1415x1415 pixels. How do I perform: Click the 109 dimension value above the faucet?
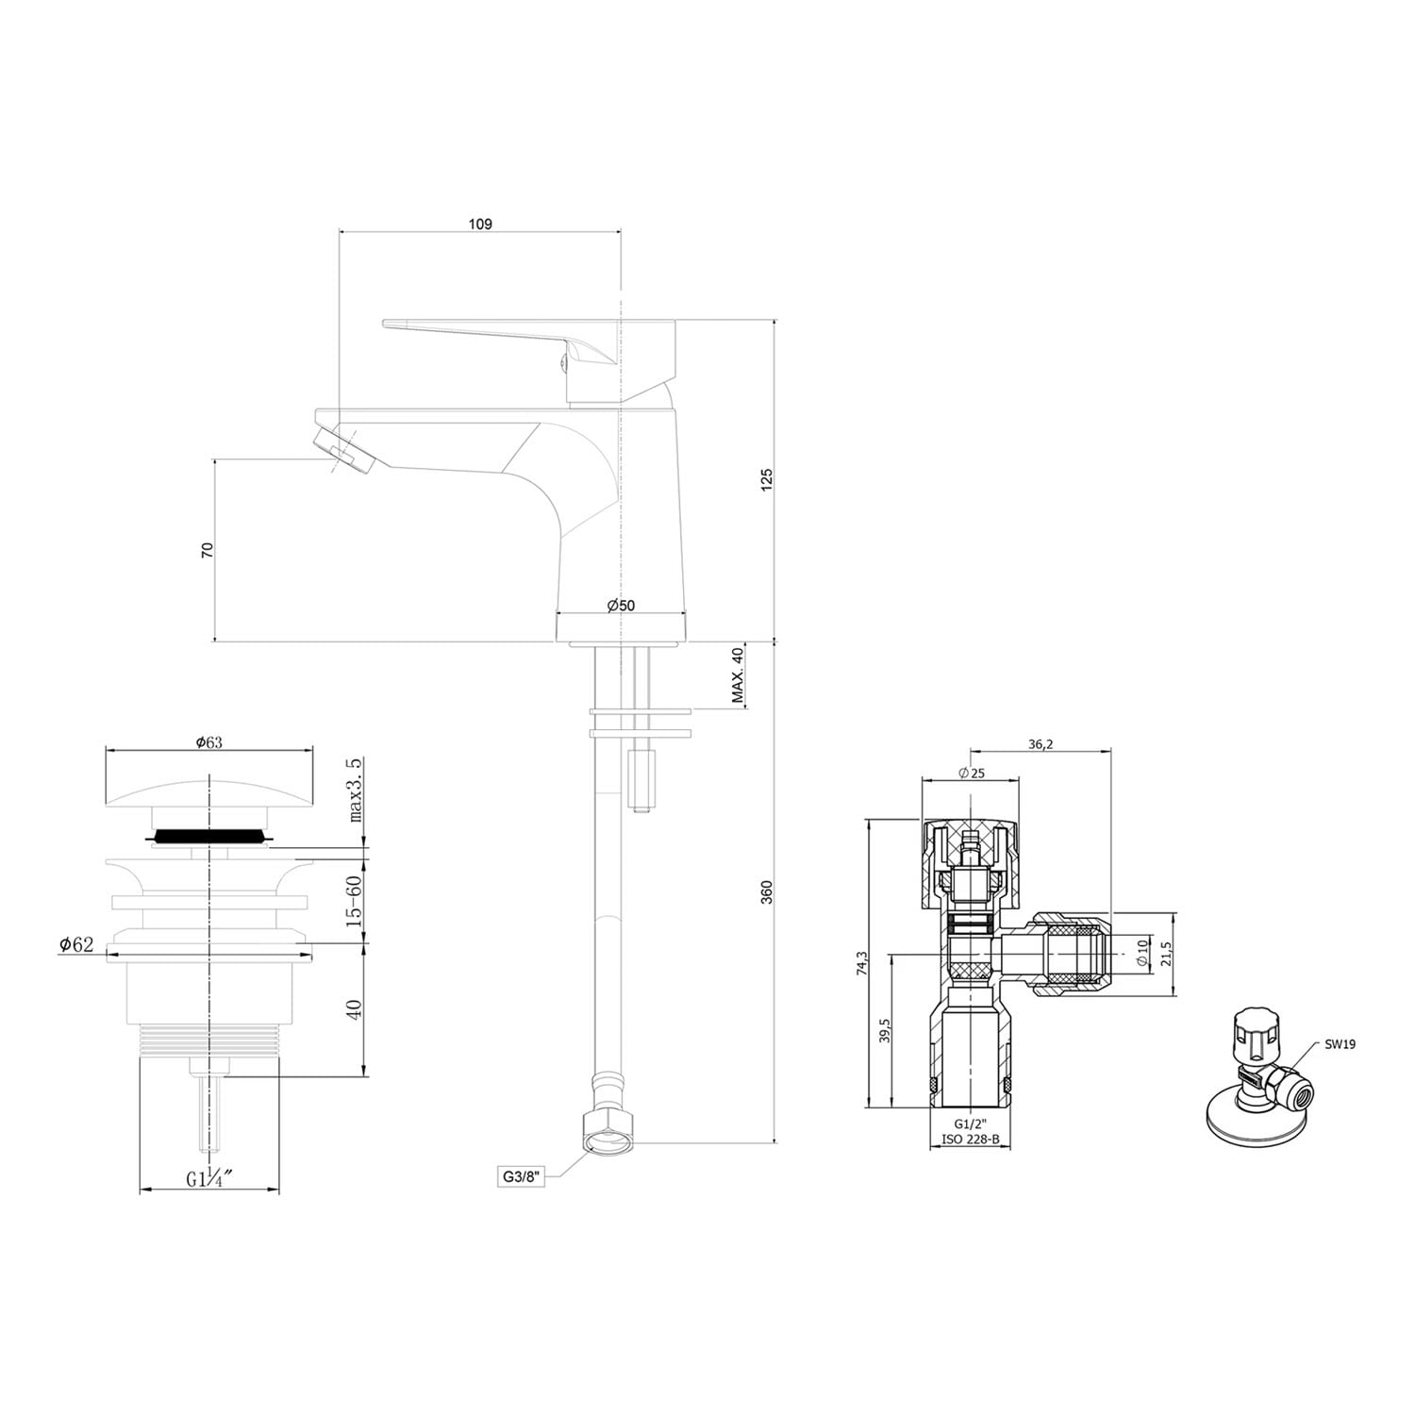tap(480, 225)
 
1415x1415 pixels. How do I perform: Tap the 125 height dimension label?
tap(766, 478)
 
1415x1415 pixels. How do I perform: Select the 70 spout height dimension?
tap(208, 550)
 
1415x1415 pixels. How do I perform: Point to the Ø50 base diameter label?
tap(622, 605)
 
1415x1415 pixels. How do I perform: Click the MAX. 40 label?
tap(738, 676)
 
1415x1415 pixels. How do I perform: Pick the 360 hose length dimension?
tap(766, 892)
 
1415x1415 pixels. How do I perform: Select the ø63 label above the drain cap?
tap(208, 742)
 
